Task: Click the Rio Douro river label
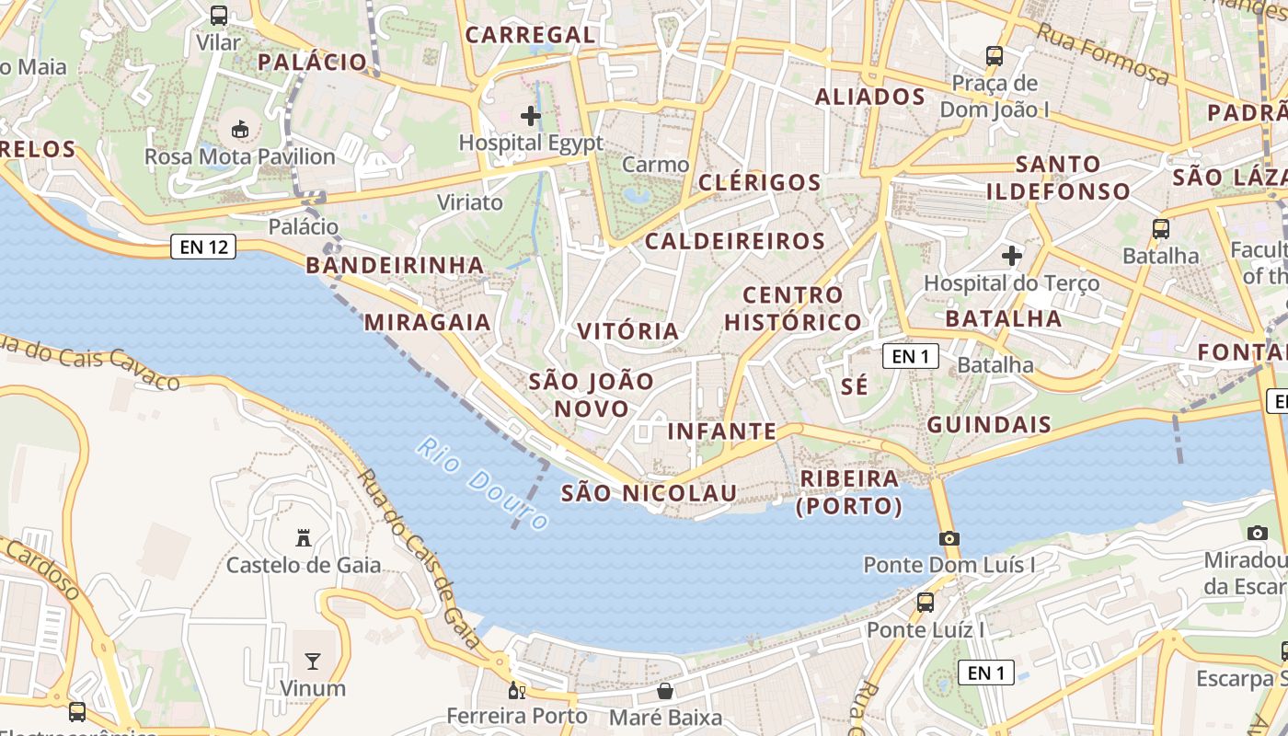pos(482,484)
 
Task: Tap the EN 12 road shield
pos(203,247)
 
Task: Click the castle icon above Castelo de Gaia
pos(303,537)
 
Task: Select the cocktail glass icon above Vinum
pos(313,661)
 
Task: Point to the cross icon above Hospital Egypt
pos(531,116)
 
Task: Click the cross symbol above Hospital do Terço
pos(1012,255)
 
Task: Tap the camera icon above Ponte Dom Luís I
pos(949,538)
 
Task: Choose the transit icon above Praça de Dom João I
pos(994,56)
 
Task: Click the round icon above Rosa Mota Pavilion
pos(240,129)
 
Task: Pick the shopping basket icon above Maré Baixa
pos(665,690)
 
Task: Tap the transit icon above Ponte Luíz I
pos(926,603)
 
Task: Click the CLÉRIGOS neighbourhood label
pos(760,182)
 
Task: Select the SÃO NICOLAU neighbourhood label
pos(650,493)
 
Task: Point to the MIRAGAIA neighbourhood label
pos(428,322)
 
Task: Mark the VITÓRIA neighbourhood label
pos(628,330)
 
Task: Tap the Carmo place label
pos(655,165)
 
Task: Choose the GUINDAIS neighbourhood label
pos(989,424)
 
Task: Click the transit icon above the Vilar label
pos(218,16)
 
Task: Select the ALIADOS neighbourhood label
pos(870,97)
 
